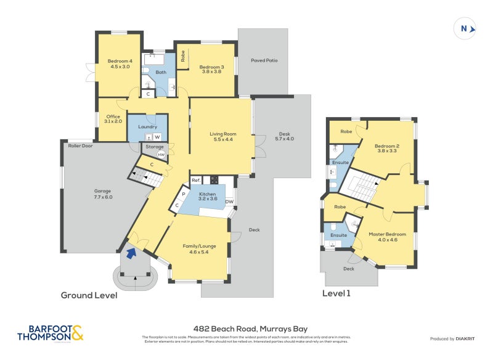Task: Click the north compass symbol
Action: click(x=465, y=28)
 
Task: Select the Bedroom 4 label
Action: click(x=120, y=63)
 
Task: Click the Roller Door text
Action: click(x=79, y=146)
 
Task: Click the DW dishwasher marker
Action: click(x=229, y=202)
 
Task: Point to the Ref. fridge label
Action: click(x=196, y=180)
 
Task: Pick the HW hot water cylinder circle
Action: click(x=161, y=155)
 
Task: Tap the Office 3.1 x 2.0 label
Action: click(x=113, y=119)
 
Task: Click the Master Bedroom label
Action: click(x=387, y=237)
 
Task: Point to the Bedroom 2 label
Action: click(x=387, y=149)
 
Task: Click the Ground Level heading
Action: click(x=89, y=295)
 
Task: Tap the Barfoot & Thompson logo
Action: click(x=51, y=333)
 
